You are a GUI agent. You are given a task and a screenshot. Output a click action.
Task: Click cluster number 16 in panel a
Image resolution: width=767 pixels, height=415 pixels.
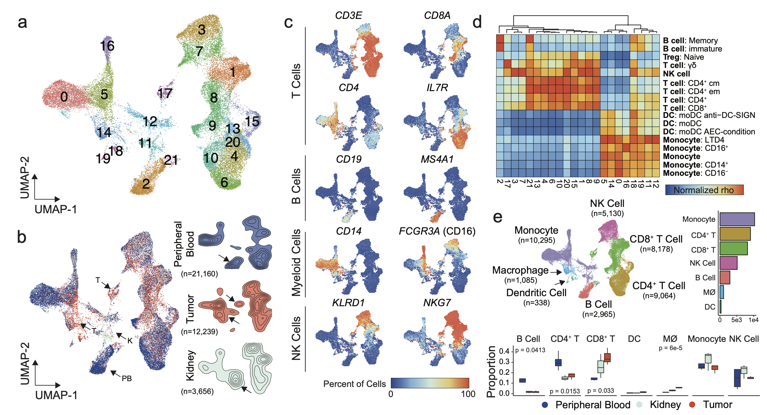coord(107,46)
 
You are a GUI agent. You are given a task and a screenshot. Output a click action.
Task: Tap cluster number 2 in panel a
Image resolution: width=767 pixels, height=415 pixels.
coord(146,184)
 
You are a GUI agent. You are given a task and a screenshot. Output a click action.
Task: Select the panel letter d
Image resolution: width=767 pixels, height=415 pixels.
coord(477,22)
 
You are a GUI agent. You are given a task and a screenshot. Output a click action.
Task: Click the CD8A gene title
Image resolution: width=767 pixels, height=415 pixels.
coord(437,16)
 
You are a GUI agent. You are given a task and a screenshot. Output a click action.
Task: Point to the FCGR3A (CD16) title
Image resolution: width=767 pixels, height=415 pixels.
coord(437,231)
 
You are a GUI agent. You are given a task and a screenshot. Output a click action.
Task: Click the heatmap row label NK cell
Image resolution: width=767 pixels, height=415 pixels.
coord(676,74)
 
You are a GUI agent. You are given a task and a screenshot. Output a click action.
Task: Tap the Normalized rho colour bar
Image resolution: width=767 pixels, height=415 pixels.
coord(704,190)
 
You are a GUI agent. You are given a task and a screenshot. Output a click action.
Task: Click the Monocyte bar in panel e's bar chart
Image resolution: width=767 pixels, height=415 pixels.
coord(737,219)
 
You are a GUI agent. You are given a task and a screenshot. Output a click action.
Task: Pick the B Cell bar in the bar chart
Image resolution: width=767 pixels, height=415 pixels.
coord(725,278)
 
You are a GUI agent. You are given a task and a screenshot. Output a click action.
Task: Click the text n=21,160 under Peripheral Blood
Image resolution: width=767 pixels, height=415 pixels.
coord(199,274)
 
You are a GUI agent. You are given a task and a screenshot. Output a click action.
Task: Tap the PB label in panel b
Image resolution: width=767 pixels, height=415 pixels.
coord(127,378)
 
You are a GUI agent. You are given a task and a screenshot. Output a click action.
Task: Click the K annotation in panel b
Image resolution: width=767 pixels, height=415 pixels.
coord(130,341)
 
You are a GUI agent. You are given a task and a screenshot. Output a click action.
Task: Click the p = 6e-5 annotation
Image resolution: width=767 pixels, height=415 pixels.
coord(670,348)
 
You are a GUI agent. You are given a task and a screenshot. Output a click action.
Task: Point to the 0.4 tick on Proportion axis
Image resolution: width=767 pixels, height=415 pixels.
coord(504,351)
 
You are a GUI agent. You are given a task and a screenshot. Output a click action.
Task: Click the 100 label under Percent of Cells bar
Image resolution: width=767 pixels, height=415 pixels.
coord(468,394)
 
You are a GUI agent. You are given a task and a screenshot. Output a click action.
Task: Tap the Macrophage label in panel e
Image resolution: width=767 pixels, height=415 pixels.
coord(520,270)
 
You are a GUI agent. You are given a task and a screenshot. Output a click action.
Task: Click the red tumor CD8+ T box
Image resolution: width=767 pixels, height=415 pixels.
coord(607,357)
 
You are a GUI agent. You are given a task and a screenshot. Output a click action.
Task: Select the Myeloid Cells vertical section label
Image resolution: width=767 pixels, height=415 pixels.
coord(296,263)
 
